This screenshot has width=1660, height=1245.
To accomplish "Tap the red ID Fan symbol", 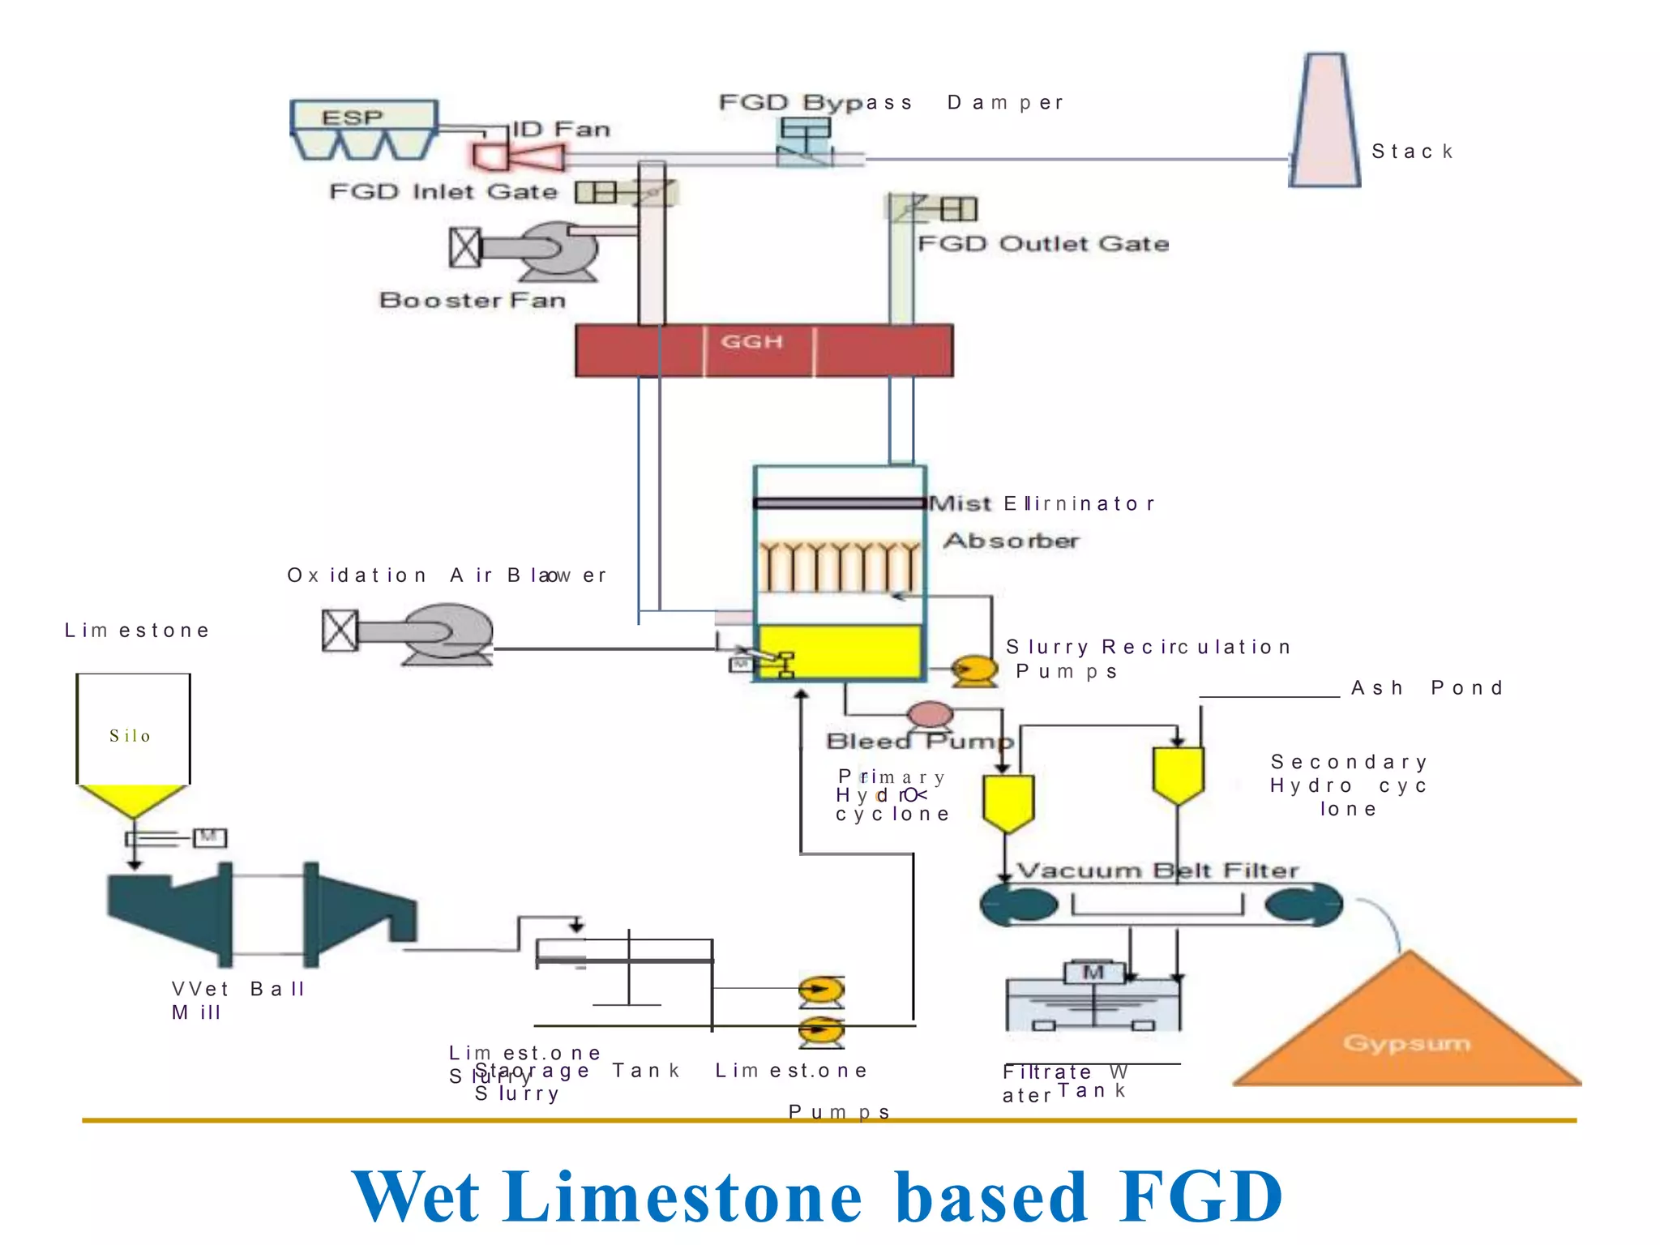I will (517, 156).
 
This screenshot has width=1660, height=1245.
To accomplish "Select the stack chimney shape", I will (1324, 122).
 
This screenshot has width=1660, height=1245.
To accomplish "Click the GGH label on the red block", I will (752, 341).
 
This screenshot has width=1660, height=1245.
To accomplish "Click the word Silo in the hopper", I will (130, 736).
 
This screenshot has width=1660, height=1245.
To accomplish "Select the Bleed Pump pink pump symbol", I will (930, 715).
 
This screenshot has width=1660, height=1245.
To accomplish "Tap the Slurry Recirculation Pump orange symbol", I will (974, 670).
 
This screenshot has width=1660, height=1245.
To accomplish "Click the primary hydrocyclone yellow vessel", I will (1008, 801).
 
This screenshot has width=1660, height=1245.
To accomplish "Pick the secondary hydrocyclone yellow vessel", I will (1178, 772).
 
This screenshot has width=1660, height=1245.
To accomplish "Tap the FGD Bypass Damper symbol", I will (806, 141).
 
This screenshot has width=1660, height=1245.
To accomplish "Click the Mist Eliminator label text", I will (1041, 503).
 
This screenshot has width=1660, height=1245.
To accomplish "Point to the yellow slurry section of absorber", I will (838, 650).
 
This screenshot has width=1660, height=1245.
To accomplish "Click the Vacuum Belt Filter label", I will (1157, 871).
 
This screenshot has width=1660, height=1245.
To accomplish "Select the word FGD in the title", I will (1200, 1196).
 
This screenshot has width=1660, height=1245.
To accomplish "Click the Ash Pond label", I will (1427, 688).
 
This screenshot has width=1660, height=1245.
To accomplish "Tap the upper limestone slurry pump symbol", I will (821, 989).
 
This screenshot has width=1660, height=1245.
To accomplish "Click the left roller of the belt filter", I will (1018, 905).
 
